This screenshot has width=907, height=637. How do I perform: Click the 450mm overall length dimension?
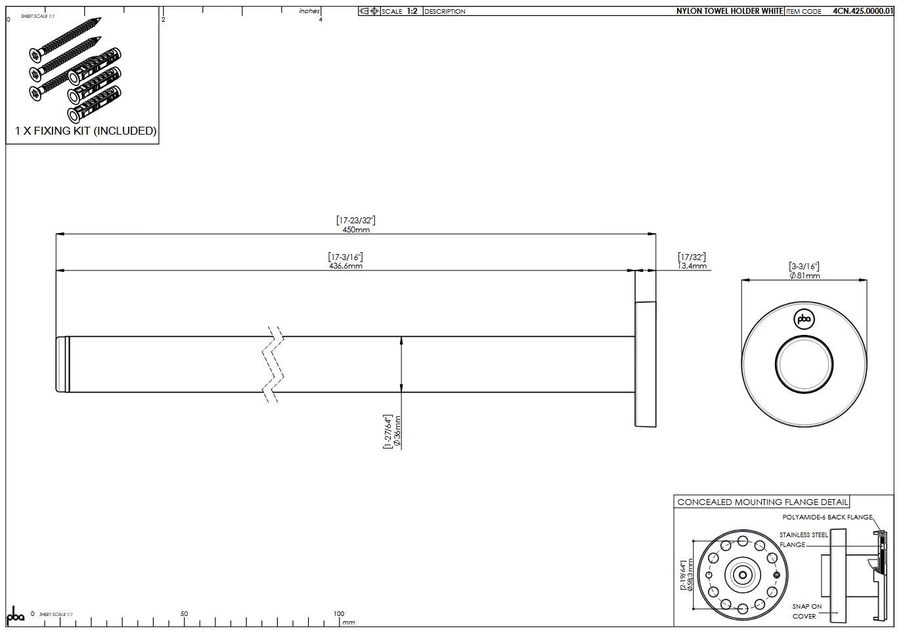click(x=356, y=230)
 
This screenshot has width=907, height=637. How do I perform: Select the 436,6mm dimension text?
click(x=345, y=266)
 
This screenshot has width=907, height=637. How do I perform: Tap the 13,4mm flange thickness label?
click(x=692, y=266)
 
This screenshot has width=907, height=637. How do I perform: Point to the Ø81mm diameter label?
click(x=804, y=276)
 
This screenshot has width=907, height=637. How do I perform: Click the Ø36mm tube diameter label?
click(x=397, y=431)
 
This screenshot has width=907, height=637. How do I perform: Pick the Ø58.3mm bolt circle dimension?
click(x=690, y=575)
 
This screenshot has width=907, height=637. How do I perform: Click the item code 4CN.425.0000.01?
click(x=862, y=11)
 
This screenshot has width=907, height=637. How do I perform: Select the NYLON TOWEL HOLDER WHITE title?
click(x=730, y=11)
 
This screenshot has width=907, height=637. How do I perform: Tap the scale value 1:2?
click(x=412, y=11)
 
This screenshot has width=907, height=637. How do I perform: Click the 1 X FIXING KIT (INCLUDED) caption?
click(x=86, y=131)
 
